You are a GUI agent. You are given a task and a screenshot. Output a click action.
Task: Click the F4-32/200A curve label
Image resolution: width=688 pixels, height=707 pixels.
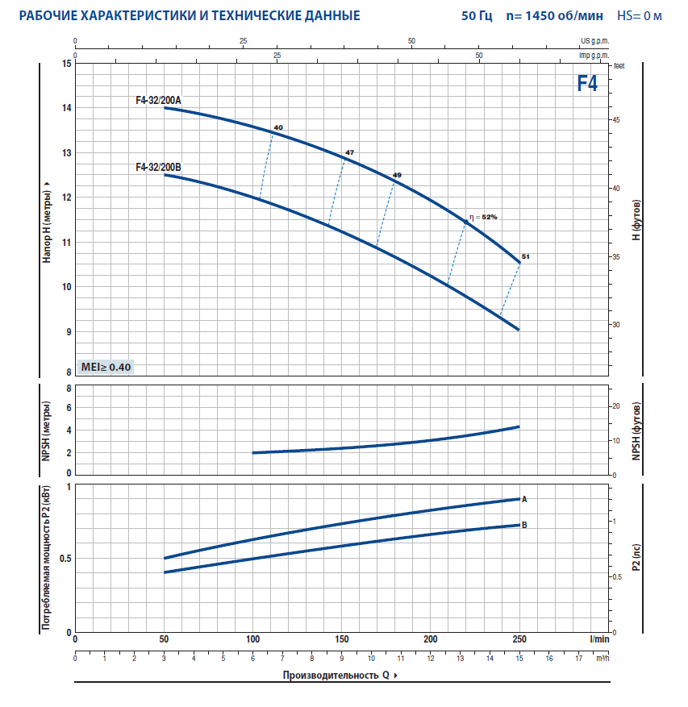pos(159,100)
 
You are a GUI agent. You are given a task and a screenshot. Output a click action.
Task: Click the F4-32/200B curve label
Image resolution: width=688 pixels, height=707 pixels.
pos(159,167)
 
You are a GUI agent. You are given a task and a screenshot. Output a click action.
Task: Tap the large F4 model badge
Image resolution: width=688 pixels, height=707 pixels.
pos(587,83)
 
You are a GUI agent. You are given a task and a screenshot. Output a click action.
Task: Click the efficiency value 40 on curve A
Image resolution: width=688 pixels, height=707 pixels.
pos(278,128)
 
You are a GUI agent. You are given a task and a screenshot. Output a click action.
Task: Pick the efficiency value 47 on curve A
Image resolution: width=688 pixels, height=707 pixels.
pos(349,152)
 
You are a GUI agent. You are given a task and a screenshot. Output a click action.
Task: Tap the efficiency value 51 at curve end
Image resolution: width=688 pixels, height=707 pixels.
pos(526,256)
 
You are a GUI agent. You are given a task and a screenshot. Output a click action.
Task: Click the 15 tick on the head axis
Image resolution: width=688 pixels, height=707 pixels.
pos(67,64)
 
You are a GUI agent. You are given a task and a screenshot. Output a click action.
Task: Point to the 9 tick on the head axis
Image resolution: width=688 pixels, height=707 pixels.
pos(68,331)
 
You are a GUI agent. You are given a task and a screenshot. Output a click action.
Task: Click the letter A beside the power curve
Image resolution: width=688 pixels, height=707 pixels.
pos(524,499)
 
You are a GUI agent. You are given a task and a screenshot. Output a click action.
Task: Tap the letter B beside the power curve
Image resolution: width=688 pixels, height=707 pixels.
pos(524,525)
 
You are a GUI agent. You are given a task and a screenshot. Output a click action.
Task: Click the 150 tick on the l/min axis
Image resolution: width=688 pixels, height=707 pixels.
pos(341,639)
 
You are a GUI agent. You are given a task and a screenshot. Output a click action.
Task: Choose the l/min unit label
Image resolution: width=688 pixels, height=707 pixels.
pos(598,639)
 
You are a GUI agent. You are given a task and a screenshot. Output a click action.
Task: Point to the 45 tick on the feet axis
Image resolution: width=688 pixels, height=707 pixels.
pos(615,119)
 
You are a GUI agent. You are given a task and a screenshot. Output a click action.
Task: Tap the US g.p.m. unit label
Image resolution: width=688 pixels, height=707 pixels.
pos(594,40)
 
